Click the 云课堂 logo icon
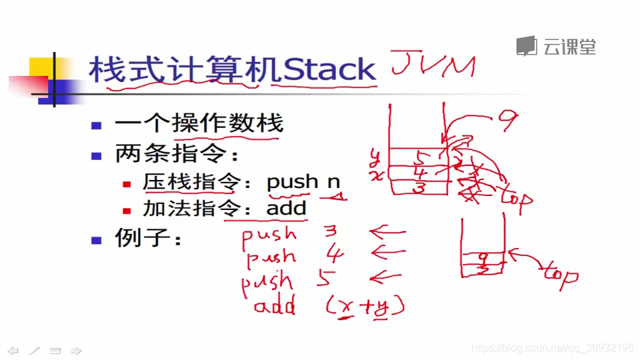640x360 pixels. pyautogui.click(x=527, y=46)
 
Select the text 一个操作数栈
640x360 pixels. pyautogui.click(x=199, y=123)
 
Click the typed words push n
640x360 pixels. pyautogui.click(x=303, y=181)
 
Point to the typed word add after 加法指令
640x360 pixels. pyautogui.click(x=286, y=209)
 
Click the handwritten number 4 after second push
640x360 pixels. pyautogui.click(x=335, y=254)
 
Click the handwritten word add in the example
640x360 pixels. pyautogui.click(x=275, y=307)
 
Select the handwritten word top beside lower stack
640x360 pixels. pyautogui.click(x=559, y=273)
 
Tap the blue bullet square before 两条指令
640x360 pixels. pyautogui.click(x=97, y=156)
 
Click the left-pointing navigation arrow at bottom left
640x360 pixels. pyautogui.click(x=13, y=350)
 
